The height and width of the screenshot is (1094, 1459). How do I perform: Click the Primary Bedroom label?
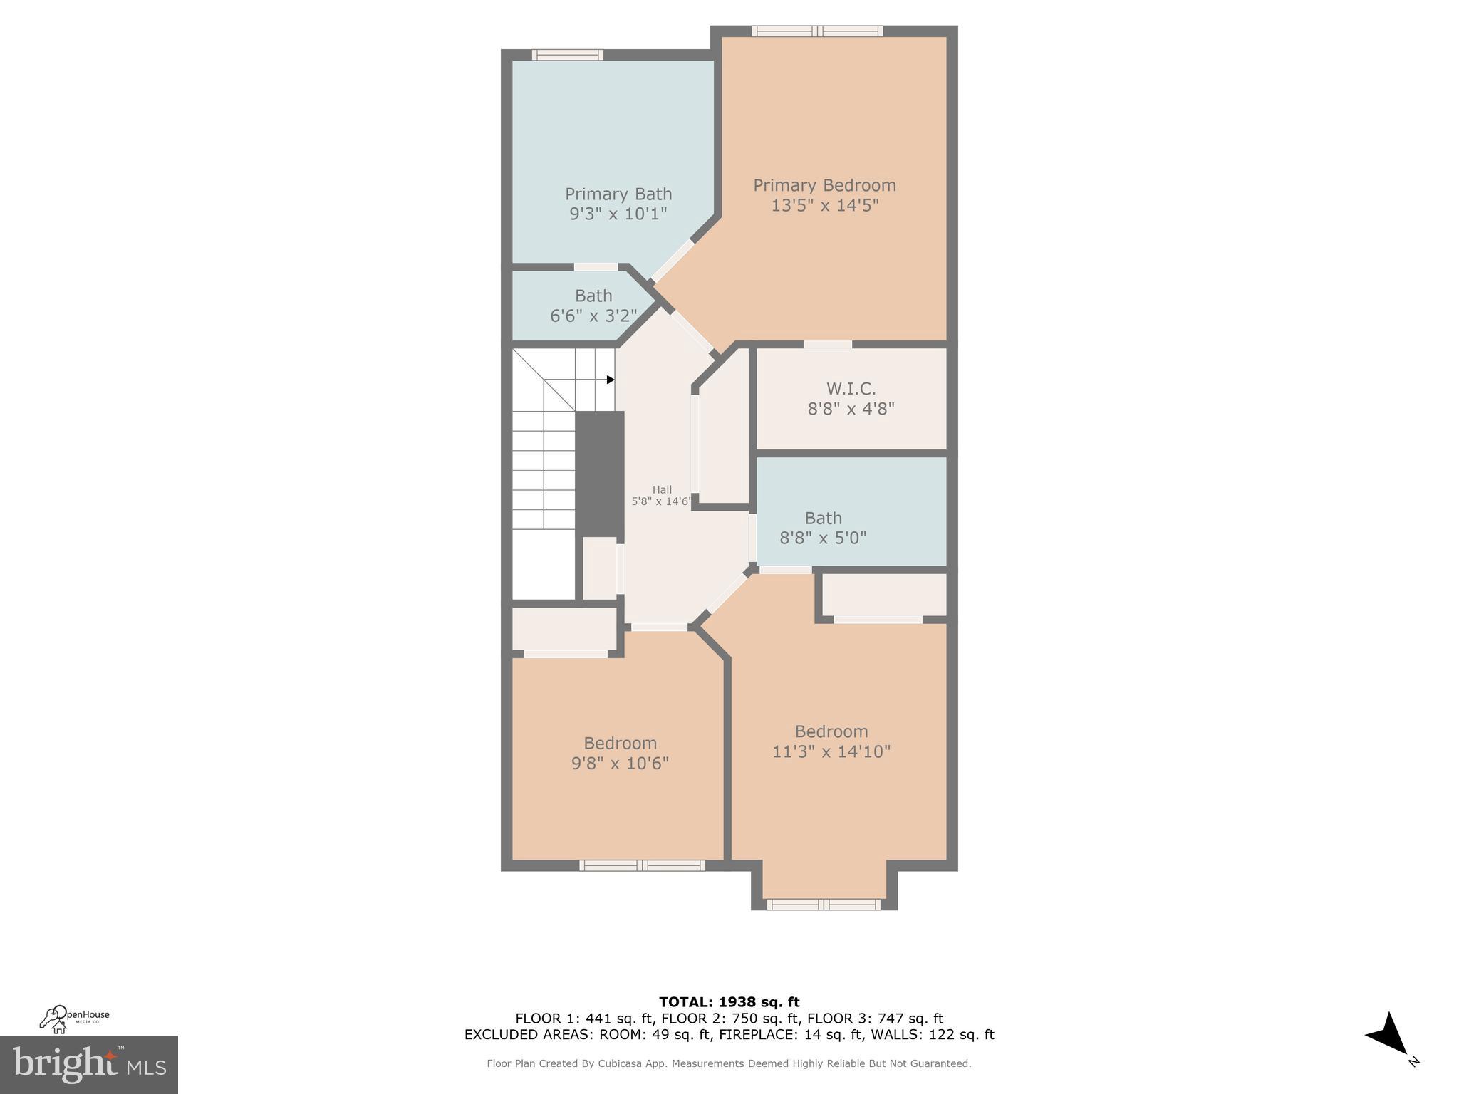click(824, 185)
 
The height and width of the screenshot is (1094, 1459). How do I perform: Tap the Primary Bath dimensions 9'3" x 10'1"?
click(618, 214)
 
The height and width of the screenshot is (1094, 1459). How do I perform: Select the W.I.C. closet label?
click(851, 389)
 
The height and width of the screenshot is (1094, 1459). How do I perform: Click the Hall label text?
click(662, 490)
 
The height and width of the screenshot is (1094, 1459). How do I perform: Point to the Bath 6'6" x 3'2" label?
click(593, 306)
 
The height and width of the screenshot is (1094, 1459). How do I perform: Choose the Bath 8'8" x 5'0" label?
click(823, 528)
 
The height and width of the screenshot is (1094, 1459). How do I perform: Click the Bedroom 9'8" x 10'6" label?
click(620, 753)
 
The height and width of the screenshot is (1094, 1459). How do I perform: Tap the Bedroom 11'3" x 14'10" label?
click(831, 741)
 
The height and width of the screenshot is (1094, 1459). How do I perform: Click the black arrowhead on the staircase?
click(611, 380)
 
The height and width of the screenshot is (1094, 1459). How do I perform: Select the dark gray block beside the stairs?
click(600, 474)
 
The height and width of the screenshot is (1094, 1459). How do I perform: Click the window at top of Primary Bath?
click(568, 55)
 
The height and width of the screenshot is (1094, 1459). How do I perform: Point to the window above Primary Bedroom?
click(817, 31)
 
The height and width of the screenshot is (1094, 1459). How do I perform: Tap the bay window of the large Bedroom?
click(824, 905)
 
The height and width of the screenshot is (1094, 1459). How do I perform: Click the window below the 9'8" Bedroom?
click(642, 865)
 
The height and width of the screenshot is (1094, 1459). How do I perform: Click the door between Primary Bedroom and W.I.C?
click(827, 345)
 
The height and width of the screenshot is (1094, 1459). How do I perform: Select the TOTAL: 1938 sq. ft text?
click(729, 1002)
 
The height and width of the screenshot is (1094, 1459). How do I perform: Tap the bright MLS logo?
click(88, 1064)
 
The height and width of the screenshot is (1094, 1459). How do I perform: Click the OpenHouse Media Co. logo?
click(74, 1019)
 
